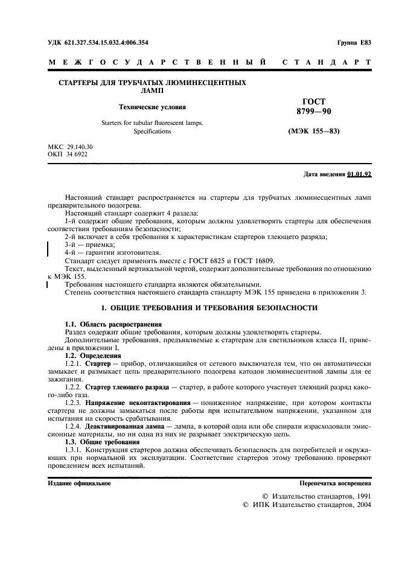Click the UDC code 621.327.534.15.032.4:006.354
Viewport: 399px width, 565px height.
98,42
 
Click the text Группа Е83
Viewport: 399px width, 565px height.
354,42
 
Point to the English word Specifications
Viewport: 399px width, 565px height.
152,131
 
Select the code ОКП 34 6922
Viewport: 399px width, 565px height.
66,155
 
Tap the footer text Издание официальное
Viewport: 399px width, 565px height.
79,484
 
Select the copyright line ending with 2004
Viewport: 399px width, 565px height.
307,504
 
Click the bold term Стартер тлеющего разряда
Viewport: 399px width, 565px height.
119,386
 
